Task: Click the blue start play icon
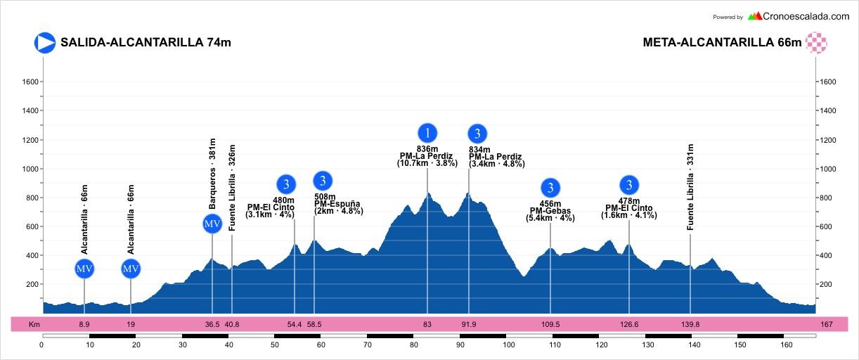click(x=45, y=42)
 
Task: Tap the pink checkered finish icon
click(x=816, y=42)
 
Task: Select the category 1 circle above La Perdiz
click(x=427, y=132)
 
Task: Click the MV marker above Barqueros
click(x=212, y=224)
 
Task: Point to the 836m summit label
click(x=427, y=149)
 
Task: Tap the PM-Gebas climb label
click(x=550, y=211)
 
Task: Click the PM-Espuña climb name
click(x=337, y=204)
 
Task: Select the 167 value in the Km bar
click(x=826, y=325)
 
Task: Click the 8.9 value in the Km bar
click(x=84, y=325)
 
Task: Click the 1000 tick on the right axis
click(x=829, y=169)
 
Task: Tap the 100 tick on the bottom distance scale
click(x=509, y=345)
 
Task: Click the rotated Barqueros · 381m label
click(x=212, y=174)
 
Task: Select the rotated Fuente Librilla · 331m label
click(x=690, y=187)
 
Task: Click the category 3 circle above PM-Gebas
click(x=550, y=188)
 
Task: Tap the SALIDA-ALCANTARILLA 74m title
click(x=146, y=42)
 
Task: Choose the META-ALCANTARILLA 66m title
click(x=722, y=42)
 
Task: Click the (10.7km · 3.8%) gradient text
click(x=427, y=163)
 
